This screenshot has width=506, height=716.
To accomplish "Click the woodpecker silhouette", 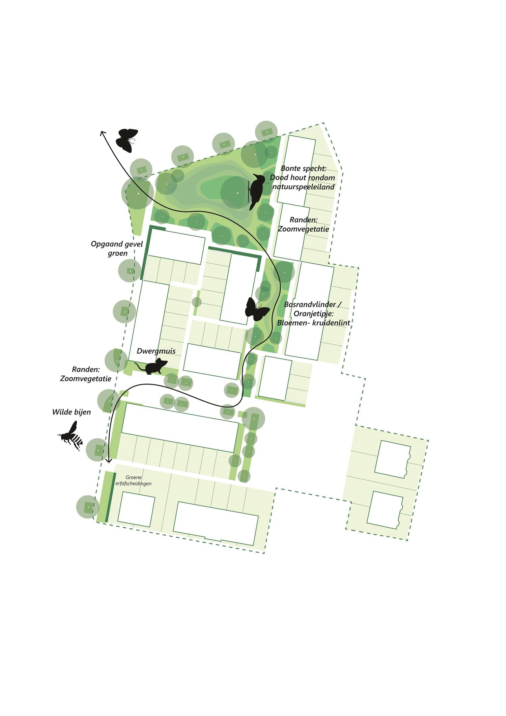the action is pos(256,191).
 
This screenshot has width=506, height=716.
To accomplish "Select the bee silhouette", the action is pos(72,436).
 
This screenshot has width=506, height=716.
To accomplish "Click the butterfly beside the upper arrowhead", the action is pos(126,140).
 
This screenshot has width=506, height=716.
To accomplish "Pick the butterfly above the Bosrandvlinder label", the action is pos(257,310).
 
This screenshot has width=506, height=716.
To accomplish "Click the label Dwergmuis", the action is pos(156,351).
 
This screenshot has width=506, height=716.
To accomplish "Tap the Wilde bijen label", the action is pos(72,412).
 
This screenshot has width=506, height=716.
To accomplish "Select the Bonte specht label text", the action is pos(304,168).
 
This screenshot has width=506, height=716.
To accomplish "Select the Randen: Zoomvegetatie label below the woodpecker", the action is pos(303,224).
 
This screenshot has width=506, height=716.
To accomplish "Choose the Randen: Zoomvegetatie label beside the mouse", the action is pos(86,374).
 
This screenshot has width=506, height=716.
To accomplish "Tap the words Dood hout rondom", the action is pos(303,178).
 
